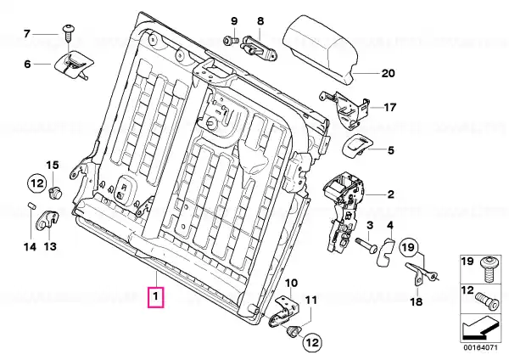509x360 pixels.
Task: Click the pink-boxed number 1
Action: [x=156, y=296]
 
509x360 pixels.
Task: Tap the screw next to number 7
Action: [x=68, y=32]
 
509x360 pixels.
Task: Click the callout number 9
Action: [x=234, y=21]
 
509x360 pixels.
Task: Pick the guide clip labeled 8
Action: [x=258, y=48]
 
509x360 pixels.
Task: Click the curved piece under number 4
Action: [x=385, y=252]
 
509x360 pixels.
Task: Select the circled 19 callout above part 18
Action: [x=409, y=248]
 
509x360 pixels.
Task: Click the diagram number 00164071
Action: [x=480, y=347]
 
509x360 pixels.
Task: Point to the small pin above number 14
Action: [x=31, y=206]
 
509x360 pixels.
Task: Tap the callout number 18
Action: [x=417, y=302]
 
